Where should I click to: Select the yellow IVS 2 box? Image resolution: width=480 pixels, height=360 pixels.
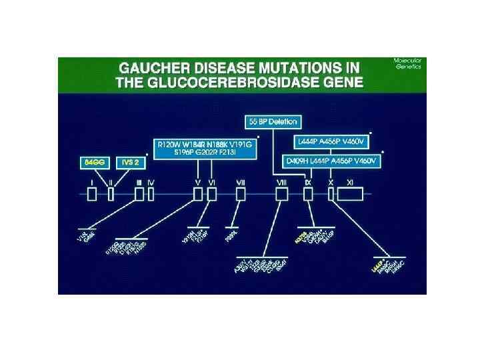(x=130, y=162)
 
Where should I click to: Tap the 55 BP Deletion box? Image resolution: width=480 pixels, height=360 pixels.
(x=273, y=122)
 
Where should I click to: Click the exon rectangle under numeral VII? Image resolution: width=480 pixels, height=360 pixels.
(x=242, y=193)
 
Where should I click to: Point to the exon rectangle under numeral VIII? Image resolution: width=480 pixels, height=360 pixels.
(x=282, y=193)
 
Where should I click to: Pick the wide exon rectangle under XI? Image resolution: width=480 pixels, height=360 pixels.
(x=350, y=193)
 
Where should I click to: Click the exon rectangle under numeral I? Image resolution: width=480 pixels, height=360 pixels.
(x=93, y=193)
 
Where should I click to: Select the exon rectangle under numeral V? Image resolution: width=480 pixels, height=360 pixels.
(x=198, y=193)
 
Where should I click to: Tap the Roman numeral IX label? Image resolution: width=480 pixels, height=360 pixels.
(x=307, y=181)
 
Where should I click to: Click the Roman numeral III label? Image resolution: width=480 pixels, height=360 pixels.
(x=139, y=181)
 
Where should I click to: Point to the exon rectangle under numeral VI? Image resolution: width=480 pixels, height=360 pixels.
(x=212, y=193)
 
